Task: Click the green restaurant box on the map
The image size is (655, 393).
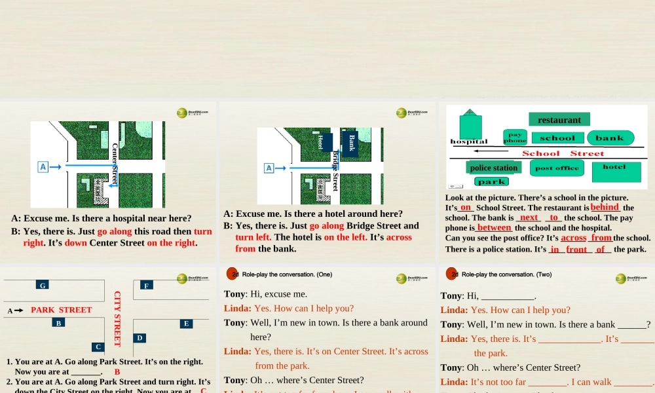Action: (x=559, y=119)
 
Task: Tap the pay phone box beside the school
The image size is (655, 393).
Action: (x=515, y=138)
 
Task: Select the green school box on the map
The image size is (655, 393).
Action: (x=557, y=138)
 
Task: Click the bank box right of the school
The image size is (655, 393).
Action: (x=610, y=138)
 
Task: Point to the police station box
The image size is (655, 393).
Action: (x=494, y=168)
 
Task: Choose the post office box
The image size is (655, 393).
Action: (x=557, y=168)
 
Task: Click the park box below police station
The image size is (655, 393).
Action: (x=491, y=181)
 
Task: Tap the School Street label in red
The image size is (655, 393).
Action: (x=563, y=153)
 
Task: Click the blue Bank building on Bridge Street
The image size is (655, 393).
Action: (x=351, y=142)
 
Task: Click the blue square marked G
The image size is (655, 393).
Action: (x=43, y=285)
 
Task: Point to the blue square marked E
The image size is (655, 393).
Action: (x=187, y=324)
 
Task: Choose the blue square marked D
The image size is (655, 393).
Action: (x=140, y=338)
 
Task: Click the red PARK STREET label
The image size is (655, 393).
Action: (x=62, y=310)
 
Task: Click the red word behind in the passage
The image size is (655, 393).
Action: (x=605, y=208)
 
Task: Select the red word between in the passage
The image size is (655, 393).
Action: (x=494, y=228)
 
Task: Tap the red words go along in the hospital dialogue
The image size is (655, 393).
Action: (x=115, y=231)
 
